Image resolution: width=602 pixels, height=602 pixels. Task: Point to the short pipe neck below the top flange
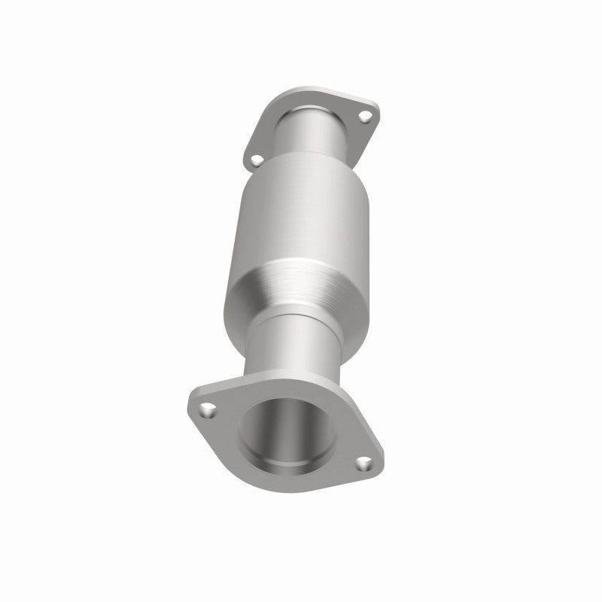pyautogui.click(x=316, y=135)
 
